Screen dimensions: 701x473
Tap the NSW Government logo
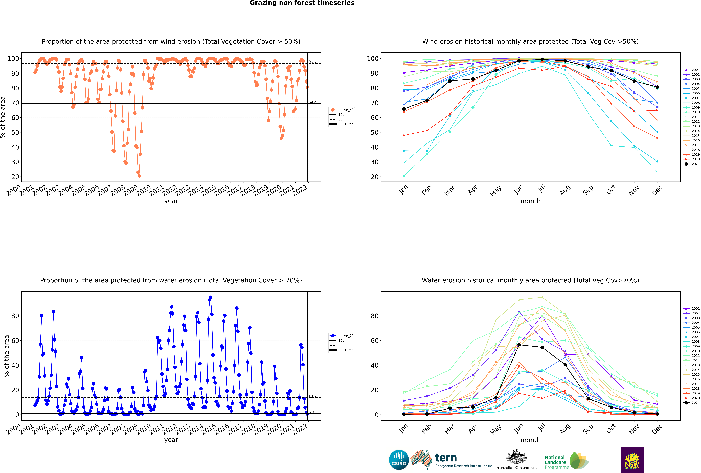(x=632, y=459)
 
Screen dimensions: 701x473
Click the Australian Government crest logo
(x=517, y=460)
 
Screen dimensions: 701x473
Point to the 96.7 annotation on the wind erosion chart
(x=313, y=62)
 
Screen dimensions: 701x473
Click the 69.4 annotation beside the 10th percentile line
(x=313, y=102)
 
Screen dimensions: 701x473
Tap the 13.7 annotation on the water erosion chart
(x=313, y=396)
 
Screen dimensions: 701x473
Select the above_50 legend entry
(x=341, y=110)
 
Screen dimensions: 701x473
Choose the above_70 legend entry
(x=341, y=336)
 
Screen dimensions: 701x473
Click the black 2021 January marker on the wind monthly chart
(x=404, y=109)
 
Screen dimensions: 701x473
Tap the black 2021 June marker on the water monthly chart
(x=519, y=345)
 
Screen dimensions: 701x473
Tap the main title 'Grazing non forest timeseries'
(x=302, y=3)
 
